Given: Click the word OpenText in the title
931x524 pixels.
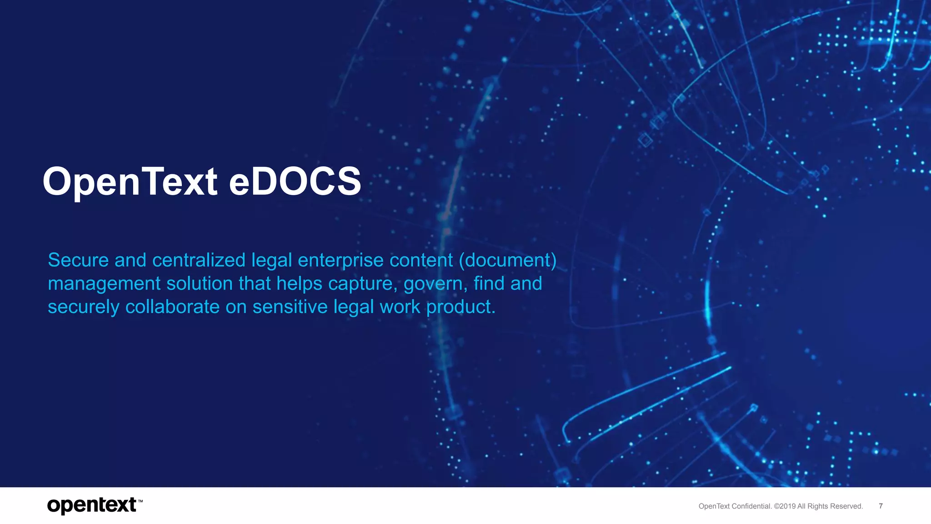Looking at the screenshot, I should [x=130, y=181].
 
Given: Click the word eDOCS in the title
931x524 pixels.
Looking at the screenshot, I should [x=295, y=181].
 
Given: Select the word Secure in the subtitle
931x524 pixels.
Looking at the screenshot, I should [x=78, y=260].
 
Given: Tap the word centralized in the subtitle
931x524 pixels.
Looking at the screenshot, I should [x=199, y=260].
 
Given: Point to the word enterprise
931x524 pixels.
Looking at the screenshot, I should [x=340, y=260].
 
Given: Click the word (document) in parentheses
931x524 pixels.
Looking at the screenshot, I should [x=507, y=260].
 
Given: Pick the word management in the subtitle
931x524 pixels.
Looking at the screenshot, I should [x=104, y=283].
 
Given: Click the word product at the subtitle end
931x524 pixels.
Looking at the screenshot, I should [x=460, y=307].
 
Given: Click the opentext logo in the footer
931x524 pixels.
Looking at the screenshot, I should [x=91, y=505].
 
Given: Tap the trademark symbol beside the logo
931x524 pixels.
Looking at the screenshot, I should [x=140, y=501].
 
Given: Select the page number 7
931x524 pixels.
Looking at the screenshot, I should [x=881, y=506].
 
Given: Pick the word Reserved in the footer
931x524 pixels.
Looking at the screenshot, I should [x=846, y=506].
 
